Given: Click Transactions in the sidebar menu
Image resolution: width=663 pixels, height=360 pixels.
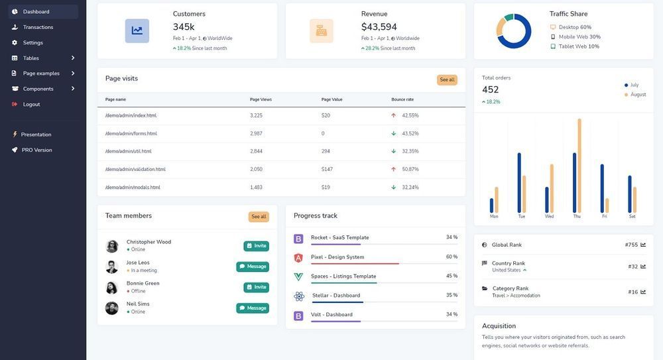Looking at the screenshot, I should click(x=38, y=27).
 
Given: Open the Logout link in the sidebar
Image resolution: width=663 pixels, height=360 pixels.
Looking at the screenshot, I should click(x=31, y=104).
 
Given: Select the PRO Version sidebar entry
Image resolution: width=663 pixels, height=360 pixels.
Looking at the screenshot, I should click(x=36, y=150).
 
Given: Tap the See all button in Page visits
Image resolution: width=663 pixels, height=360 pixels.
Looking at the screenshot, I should click(x=447, y=80).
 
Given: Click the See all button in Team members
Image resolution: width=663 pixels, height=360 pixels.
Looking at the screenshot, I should click(x=259, y=216).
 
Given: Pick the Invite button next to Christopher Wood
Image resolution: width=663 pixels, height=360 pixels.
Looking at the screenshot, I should click(x=256, y=245).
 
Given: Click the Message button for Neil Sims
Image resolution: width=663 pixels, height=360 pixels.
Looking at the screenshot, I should click(x=253, y=308).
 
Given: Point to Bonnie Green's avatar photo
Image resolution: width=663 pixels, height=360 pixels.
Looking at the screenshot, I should click(x=112, y=287).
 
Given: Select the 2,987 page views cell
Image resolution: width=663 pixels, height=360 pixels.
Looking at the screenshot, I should click(x=256, y=133).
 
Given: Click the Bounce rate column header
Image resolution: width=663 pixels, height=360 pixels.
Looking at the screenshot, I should click(x=402, y=99).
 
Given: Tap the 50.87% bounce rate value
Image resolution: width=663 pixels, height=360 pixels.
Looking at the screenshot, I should click(x=410, y=169).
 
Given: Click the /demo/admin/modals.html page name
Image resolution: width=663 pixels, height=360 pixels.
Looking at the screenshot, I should click(x=133, y=187).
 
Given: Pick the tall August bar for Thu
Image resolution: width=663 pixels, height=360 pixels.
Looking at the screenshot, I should click(x=579, y=165).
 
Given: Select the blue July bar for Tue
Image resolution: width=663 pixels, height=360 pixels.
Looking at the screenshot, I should click(x=519, y=182).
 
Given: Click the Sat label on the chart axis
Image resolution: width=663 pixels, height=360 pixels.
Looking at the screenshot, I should click(x=632, y=216).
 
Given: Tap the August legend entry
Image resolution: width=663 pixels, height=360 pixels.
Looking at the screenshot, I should click(x=637, y=94).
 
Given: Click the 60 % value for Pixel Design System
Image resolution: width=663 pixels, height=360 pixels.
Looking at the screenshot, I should click(x=452, y=257).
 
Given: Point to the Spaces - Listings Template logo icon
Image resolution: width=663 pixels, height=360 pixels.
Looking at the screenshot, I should click(x=298, y=276).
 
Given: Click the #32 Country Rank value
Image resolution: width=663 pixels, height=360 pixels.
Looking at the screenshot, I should click(x=633, y=266).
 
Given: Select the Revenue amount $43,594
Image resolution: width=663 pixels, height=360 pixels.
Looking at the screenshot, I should click(x=379, y=27).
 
